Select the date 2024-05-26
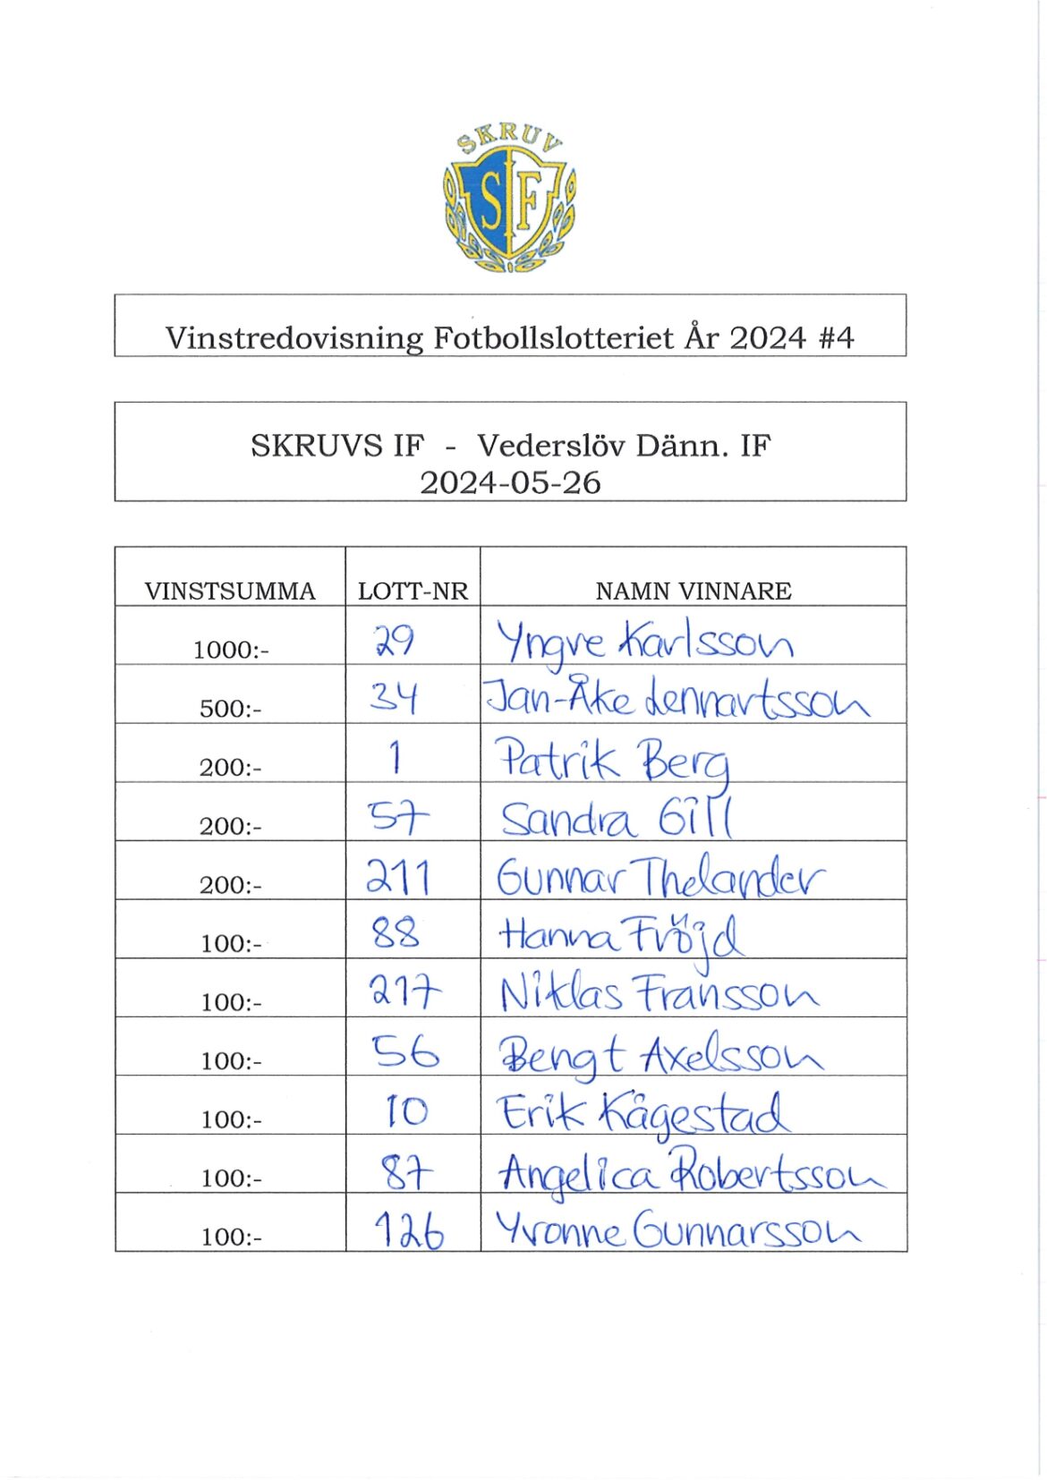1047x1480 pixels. click(510, 483)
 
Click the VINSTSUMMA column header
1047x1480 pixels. click(230, 591)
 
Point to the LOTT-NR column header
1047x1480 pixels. click(413, 591)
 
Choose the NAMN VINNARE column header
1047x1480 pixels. click(694, 591)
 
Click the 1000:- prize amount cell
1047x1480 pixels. click(230, 650)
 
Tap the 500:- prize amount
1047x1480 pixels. click(230, 709)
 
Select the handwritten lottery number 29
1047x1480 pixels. click(394, 641)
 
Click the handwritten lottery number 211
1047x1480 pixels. click(398, 877)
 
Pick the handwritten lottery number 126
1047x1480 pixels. click(409, 1230)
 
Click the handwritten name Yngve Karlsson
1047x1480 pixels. click(644, 642)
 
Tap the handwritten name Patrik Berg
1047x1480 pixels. click(614, 761)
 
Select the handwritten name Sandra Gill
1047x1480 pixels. click(617, 819)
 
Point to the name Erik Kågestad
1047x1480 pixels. click(643, 1114)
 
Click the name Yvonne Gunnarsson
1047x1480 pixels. click(677, 1229)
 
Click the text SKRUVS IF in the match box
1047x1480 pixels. click(337, 445)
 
